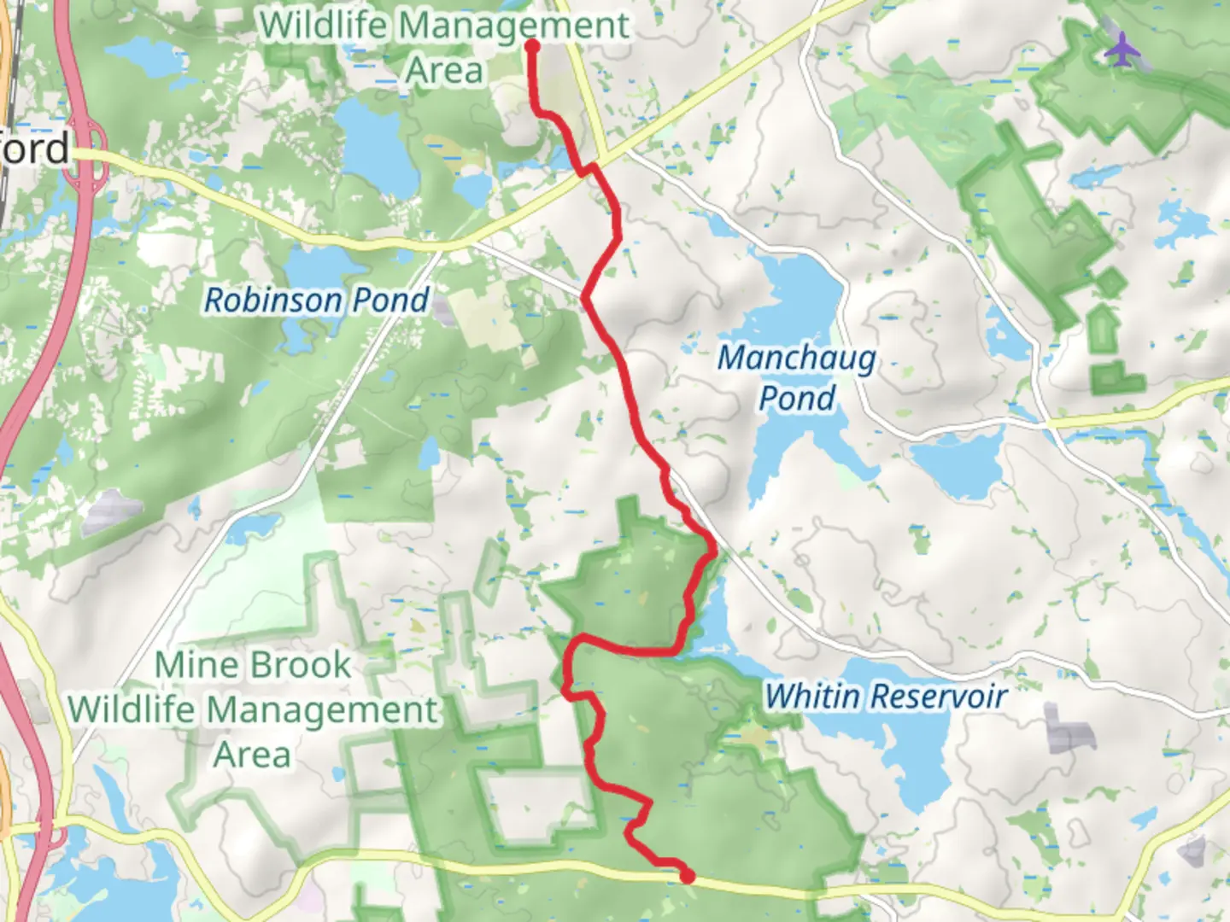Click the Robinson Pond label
(x=316, y=301)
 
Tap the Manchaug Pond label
(x=797, y=377)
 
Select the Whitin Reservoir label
(x=885, y=697)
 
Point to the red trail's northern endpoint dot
(x=532, y=45)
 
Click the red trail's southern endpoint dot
(x=687, y=875)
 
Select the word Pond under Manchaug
(x=797, y=398)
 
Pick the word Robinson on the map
(x=272, y=301)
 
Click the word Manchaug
(x=797, y=358)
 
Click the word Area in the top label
(x=444, y=71)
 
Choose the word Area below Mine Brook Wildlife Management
(x=252, y=755)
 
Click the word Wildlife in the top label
(x=326, y=26)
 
